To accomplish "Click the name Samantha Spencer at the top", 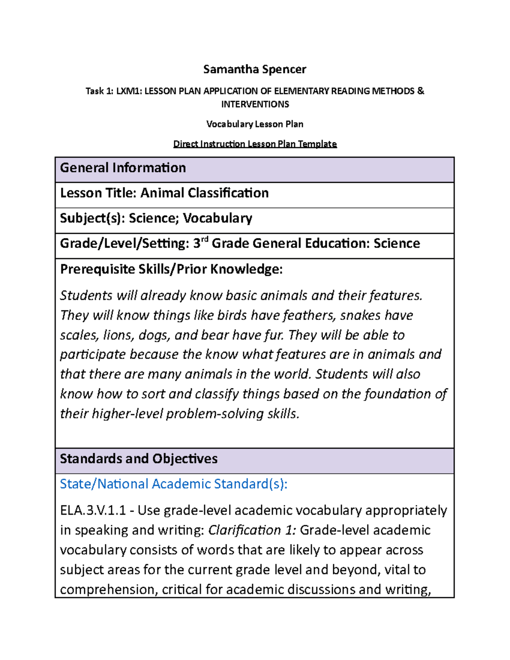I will (x=255, y=69).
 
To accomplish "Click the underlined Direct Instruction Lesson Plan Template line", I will (x=255, y=144).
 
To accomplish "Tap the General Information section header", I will (x=123, y=168).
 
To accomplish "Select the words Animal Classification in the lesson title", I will (x=204, y=193).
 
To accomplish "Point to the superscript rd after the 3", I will (x=204, y=240).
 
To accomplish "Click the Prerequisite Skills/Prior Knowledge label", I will (x=171, y=269).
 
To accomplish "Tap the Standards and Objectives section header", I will (x=139, y=459).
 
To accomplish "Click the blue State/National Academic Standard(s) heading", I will (x=173, y=484).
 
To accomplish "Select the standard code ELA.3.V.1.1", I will (x=93, y=510).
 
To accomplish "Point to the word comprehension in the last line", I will (x=108, y=590).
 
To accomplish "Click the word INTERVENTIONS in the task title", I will (x=255, y=104).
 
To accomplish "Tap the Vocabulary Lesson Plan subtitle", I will (x=255, y=124).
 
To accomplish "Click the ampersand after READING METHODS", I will (x=420, y=91).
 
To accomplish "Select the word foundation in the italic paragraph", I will (x=397, y=394).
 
